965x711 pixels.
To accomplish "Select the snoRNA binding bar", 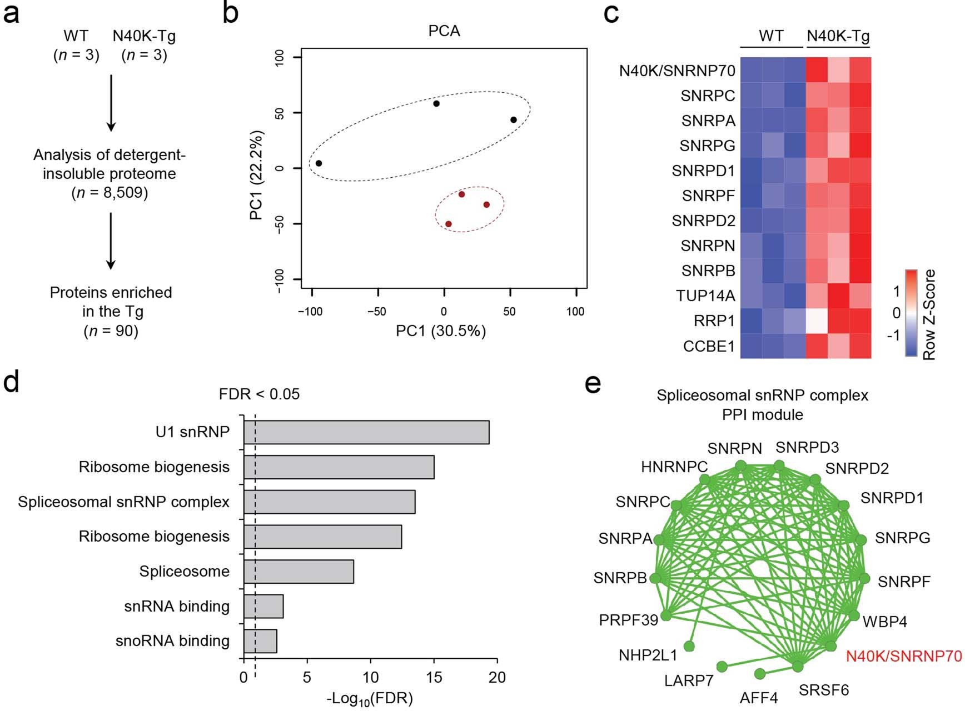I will pyautogui.click(x=260, y=641).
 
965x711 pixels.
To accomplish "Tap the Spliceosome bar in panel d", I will pyautogui.click(x=299, y=572).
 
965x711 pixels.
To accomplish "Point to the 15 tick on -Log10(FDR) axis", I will pyautogui.click(x=434, y=677).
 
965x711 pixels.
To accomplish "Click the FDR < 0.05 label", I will pyautogui.click(x=259, y=394).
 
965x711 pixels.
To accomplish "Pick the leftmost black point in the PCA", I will pyautogui.click(x=319, y=163).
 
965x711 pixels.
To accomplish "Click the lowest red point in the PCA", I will pyautogui.click(x=449, y=224).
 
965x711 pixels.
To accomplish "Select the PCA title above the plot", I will pyautogui.click(x=444, y=31).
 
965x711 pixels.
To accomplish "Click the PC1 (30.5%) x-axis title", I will pyautogui.click(x=441, y=331).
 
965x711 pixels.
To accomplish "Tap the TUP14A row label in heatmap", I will pyautogui.click(x=705, y=296).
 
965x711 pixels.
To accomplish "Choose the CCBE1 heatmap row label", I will pyautogui.click(x=709, y=346).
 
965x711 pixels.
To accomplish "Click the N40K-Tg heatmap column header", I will pyautogui.click(x=838, y=36).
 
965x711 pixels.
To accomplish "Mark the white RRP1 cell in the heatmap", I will pyautogui.click(x=817, y=321).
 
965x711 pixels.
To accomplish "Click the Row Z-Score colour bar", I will pyautogui.click(x=910, y=313).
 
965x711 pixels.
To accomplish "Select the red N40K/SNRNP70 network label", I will pyautogui.click(x=903, y=657).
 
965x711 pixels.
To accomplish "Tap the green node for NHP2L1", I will pyautogui.click(x=689, y=645).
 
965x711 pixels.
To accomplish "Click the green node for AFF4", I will pyautogui.click(x=760, y=674).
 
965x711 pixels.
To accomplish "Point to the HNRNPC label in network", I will pyautogui.click(x=674, y=467).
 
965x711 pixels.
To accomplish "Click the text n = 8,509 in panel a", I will pyautogui.click(x=110, y=193).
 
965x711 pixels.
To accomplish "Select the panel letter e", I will pyautogui.click(x=593, y=384).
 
